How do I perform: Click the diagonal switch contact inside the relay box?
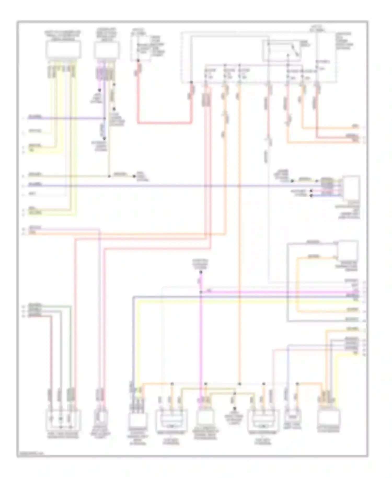295,50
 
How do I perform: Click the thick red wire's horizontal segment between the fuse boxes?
164,123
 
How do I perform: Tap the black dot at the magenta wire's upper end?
201,272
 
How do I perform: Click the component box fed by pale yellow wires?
63,50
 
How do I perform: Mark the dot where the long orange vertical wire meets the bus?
239,384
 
